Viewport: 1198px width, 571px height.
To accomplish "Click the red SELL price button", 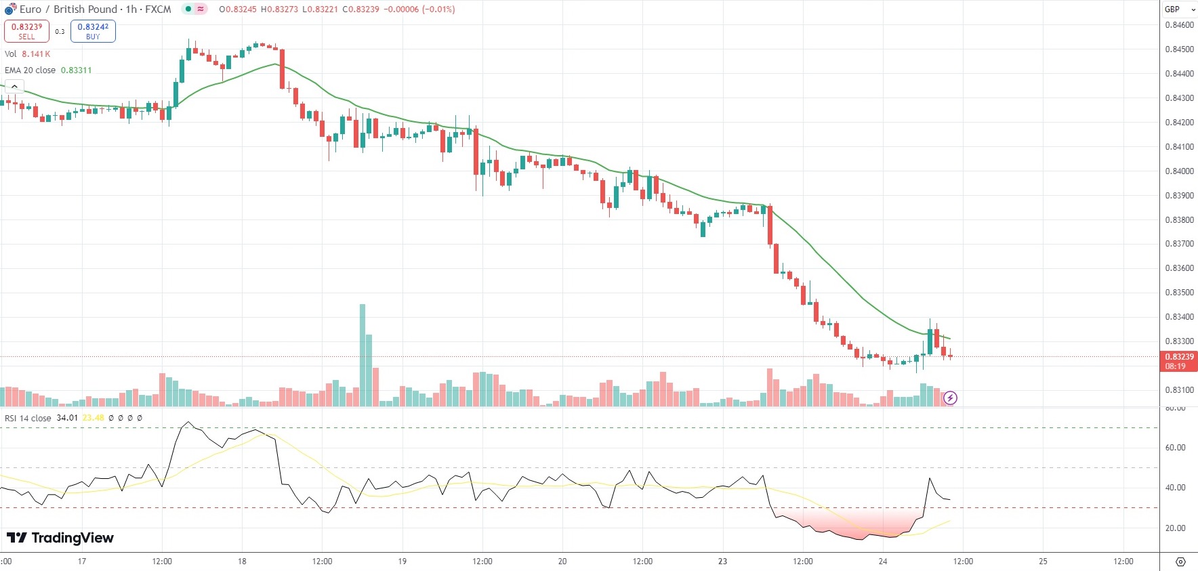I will click(x=26, y=31).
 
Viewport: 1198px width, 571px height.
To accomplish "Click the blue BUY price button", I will click(x=93, y=31).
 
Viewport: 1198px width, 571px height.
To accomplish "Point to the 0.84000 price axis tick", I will click(x=1179, y=171).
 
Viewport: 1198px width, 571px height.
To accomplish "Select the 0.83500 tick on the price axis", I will click(x=1179, y=293).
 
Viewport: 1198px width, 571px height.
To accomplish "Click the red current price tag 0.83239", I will click(x=1179, y=357).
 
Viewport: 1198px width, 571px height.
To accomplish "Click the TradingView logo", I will click(x=60, y=538).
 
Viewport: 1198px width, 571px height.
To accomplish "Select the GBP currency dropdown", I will click(x=1180, y=9).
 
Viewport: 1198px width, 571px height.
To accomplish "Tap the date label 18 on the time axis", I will click(x=242, y=562).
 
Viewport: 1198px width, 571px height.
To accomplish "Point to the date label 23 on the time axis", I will click(x=722, y=562).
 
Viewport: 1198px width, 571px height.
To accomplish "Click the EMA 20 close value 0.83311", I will click(x=76, y=70).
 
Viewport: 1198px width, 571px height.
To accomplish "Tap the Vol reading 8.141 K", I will click(x=36, y=54).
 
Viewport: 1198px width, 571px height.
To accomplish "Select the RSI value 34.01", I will click(x=67, y=418).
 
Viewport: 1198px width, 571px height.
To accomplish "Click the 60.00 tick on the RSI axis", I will click(x=1175, y=448).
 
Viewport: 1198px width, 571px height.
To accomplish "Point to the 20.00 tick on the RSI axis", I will click(x=1175, y=528).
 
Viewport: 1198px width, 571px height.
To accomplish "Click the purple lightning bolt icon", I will click(x=950, y=398).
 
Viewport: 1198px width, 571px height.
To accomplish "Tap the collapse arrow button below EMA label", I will click(x=14, y=87).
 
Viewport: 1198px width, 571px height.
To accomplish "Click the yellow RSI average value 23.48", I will click(x=94, y=418).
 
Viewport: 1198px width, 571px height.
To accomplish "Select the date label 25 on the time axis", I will click(x=1043, y=562).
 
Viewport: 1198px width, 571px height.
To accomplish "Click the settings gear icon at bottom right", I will click(x=1180, y=562).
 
